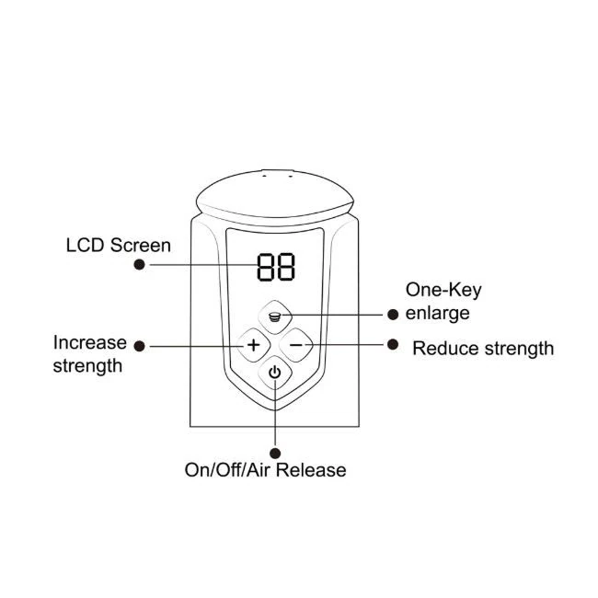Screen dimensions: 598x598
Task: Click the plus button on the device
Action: pos(254,345)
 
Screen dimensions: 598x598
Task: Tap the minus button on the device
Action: pos(296,345)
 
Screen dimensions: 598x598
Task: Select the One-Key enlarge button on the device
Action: pos(275,316)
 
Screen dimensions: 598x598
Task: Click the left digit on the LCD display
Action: pos(266,267)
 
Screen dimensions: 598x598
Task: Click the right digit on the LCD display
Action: pos(286,267)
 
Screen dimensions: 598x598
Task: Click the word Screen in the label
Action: pos(141,246)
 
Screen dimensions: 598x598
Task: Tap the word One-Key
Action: pos(443,291)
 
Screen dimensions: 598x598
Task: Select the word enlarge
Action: pos(437,314)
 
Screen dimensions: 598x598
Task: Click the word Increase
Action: pos(90,342)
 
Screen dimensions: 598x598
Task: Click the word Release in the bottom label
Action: pos(311,470)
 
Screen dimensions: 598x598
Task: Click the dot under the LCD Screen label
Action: pos(140,264)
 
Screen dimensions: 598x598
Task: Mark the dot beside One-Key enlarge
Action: pos(393,315)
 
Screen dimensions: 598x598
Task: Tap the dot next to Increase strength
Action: pos(140,346)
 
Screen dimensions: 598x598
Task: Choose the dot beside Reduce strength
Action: pos(393,344)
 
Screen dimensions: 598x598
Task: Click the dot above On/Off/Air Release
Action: pos(275,453)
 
